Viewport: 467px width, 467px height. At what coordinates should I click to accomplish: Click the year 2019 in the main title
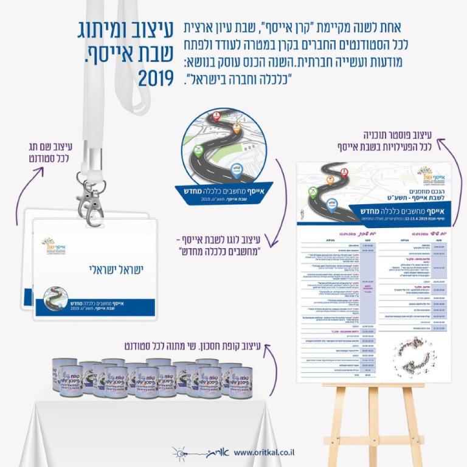pyautogui.click(x=156, y=78)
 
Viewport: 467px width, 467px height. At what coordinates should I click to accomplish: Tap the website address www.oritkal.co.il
pyautogui.click(x=265, y=452)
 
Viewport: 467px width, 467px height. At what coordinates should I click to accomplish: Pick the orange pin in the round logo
pyautogui.click(x=237, y=128)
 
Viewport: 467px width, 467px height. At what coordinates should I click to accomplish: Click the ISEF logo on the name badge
pyautogui.click(x=53, y=246)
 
